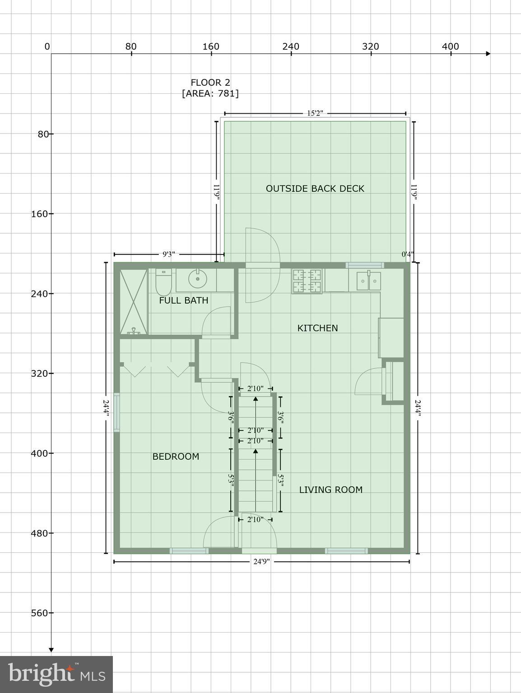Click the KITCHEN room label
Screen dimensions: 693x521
click(x=317, y=328)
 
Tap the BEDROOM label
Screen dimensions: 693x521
click(x=176, y=457)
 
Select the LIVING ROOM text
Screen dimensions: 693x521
click(x=330, y=490)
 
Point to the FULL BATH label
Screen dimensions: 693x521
click(x=184, y=300)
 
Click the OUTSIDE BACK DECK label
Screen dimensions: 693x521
click(x=315, y=189)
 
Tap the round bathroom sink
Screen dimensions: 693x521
click(x=197, y=279)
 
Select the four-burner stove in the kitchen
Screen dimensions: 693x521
click(x=307, y=281)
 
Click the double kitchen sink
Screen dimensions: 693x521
click(x=368, y=281)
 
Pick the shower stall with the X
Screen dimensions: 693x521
click(x=134, y=302)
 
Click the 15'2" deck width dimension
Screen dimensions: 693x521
click(x=315, y=113)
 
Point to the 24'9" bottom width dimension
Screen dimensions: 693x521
click(x=261, y=562)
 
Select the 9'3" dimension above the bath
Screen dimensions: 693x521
click(x=168, y=254)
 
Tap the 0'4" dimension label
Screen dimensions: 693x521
click(x=407, y=254)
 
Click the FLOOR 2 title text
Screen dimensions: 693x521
click(x=210, y=83)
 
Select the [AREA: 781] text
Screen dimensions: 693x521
click(x=210, y=93)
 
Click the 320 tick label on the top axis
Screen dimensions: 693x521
click(x=371, y=46)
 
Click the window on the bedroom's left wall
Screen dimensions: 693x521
click(x=116, y=412)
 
